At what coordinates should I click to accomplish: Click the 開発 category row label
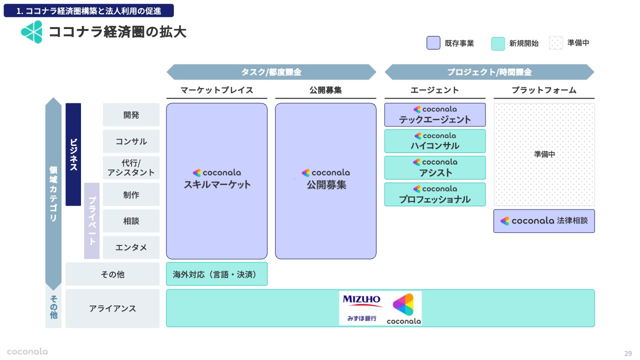[131, 115]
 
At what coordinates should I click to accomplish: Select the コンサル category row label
[131, 141]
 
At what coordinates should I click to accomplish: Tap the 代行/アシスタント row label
[131, 168]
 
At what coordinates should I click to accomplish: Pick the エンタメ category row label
[131, 247]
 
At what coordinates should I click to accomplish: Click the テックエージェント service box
[434, 115]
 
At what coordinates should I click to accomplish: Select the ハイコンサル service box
[434, 141]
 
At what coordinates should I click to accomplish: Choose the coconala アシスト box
[434, 168]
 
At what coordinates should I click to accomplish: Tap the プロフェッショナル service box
[434, 194]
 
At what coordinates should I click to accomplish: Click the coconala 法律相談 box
[544, 221]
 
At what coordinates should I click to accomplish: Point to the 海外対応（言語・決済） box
[216, 274]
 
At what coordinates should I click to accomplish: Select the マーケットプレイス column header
[216, 90]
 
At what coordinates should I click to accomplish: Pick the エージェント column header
[434, 90]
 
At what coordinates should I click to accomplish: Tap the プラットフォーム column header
[544, 90]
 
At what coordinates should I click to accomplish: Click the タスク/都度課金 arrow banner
[271, 72]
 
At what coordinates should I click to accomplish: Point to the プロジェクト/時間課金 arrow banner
[489, 72]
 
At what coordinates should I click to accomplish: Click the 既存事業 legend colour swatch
[433, 43]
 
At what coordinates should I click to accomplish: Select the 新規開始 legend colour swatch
[498, 43]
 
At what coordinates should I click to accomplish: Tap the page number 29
[628, 353]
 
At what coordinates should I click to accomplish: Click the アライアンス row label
[112, 308]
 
